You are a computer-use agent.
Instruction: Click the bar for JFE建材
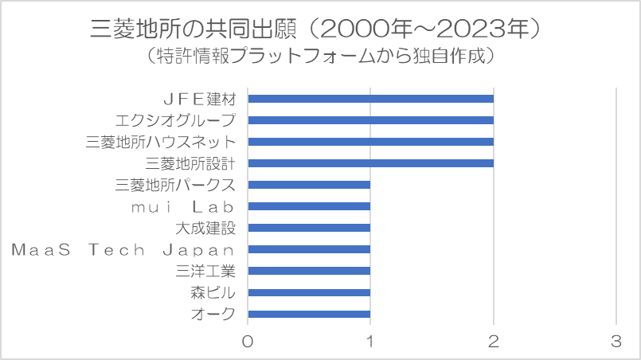point(371,99)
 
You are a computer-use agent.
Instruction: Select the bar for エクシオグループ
point(371,120)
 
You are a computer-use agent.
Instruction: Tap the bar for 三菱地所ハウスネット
point(371,142)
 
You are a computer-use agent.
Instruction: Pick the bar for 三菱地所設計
point(371,163)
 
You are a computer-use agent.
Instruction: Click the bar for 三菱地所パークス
point(309,185)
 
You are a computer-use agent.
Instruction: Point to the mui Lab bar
point(309,206)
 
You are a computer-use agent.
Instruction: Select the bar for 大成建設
point(309,228)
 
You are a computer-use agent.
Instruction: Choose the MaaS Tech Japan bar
point(309,249)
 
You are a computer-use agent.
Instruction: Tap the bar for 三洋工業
point(309,271)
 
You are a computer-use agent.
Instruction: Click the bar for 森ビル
point(309,292)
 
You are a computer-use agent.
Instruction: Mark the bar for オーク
point(309,314)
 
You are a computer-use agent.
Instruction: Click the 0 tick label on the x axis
point(248,341)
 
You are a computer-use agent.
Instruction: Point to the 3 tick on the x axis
point(616,341)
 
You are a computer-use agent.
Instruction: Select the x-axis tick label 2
point(494,341)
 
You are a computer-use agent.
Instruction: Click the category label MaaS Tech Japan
point(123,249)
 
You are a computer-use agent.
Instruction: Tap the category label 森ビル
point(213,293)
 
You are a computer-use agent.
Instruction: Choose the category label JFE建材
point(200,99)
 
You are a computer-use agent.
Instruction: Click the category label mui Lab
point(182,207)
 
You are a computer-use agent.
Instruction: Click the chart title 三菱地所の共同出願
point(193,29)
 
